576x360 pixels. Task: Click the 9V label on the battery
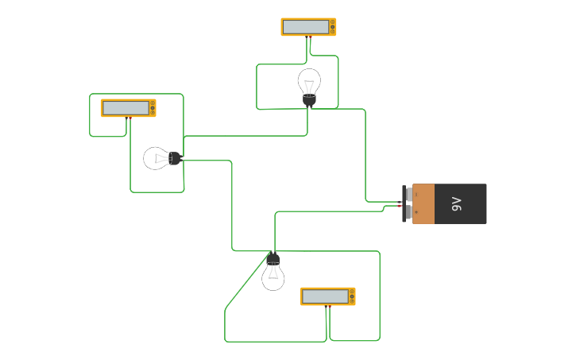(457, 204)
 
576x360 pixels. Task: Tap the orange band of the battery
(423, 204)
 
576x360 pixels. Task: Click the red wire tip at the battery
(399, 206)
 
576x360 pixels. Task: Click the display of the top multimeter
(305, 27)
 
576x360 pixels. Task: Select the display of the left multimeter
(125, 108)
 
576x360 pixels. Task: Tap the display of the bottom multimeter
(324, 296)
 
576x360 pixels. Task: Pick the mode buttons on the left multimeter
(152, 108)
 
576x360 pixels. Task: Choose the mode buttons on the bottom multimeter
(351, 296)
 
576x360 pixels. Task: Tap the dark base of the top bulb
(309, 99)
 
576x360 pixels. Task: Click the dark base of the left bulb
(176, 159)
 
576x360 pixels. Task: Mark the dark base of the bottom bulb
(273, 258)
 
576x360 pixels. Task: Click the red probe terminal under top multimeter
(307, 37)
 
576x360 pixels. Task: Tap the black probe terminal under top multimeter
(311, 37)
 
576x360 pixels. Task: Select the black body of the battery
(461, 204)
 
